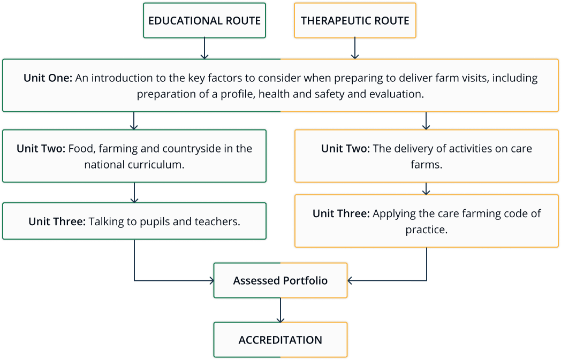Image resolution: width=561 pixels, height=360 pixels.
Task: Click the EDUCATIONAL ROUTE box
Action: click(204, 21)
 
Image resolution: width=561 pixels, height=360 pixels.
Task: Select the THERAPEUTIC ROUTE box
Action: click(355, 21)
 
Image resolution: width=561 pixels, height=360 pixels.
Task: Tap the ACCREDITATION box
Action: click(280, 340)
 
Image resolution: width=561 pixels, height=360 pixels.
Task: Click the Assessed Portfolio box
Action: click(280, 280)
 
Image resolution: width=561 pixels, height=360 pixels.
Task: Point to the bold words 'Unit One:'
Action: click(48, 78)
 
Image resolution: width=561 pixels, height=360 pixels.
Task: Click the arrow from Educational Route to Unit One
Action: click(204, 48)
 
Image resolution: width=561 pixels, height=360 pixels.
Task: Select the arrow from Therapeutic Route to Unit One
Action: click(354, 48)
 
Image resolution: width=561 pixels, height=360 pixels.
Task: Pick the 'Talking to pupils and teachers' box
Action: click(134, 220)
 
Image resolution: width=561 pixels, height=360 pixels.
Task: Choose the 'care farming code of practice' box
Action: click(427, 221)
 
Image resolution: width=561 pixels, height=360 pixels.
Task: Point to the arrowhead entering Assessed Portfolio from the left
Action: click(210, 280)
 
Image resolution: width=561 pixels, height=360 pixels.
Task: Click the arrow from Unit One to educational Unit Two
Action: click(134, 120)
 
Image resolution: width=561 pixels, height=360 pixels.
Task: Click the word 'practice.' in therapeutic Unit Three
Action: click(426, 230)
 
